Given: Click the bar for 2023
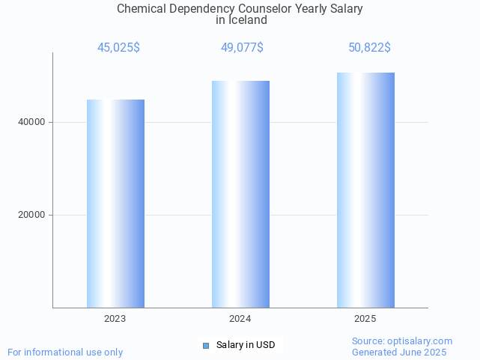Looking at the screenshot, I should click(x=115, y=203).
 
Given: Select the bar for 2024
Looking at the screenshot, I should click(x=240, y=194).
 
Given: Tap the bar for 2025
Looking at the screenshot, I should click(x=365, y=190).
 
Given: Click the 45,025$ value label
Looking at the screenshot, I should click(x=118, y=48).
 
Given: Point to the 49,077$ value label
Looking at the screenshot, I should click(x=241, y=48).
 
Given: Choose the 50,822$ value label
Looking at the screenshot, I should click(x=369, y=48).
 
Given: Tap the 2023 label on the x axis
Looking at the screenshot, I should click(x=115, y=319).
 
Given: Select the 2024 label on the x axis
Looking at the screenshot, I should click(x=240, y=319).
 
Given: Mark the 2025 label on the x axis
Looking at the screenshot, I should click(x=365, y=319).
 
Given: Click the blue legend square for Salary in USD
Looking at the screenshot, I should click(x=206, y=345).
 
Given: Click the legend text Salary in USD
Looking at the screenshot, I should click(x=246, y=345).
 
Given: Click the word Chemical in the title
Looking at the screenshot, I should click(x=142, y=9).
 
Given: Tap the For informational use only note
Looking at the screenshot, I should click(x=65, y=352).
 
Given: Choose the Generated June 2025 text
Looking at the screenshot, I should click(x=399, y=352).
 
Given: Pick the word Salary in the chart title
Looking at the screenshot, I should click(x=346, y=9).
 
